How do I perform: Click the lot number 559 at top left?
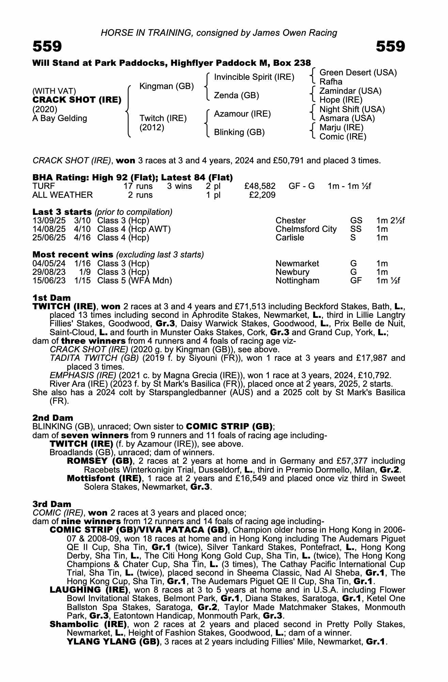pyautogui.click(x=47, y=46)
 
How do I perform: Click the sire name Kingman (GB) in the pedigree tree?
pyautogui.click(x=167, y=86)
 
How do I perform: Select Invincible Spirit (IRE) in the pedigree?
pyautogui.click(x=254, y=77)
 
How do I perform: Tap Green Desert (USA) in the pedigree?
pyautogui.click(x=358, y=73)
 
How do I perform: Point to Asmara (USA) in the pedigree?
pyautogui.click(x=347, y=118)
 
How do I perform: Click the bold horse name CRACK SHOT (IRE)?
pyautogui.click(x=77, y=100)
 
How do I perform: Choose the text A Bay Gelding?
pyautogui.click(x=60, y=118)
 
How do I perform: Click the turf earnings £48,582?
pyautogui.click(x=260, y=186)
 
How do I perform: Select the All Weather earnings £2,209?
pyautogui.click(x=262, y=195)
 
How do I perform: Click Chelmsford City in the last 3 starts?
pyautogui.click(x=306, y=229)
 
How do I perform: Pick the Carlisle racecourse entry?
pyautogui.click(x=290, y=238)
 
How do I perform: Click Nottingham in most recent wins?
pyautogui.click(x=297, y=281)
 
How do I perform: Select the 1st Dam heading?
pyautogui.click(x=51, y=298)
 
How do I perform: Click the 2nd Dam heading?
pyautogui.click(x=53, y=418)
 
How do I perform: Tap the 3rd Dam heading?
pyautogui.click(x=52, y=504)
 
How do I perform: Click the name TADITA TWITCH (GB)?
pyautogui.click(x=94, y=358)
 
